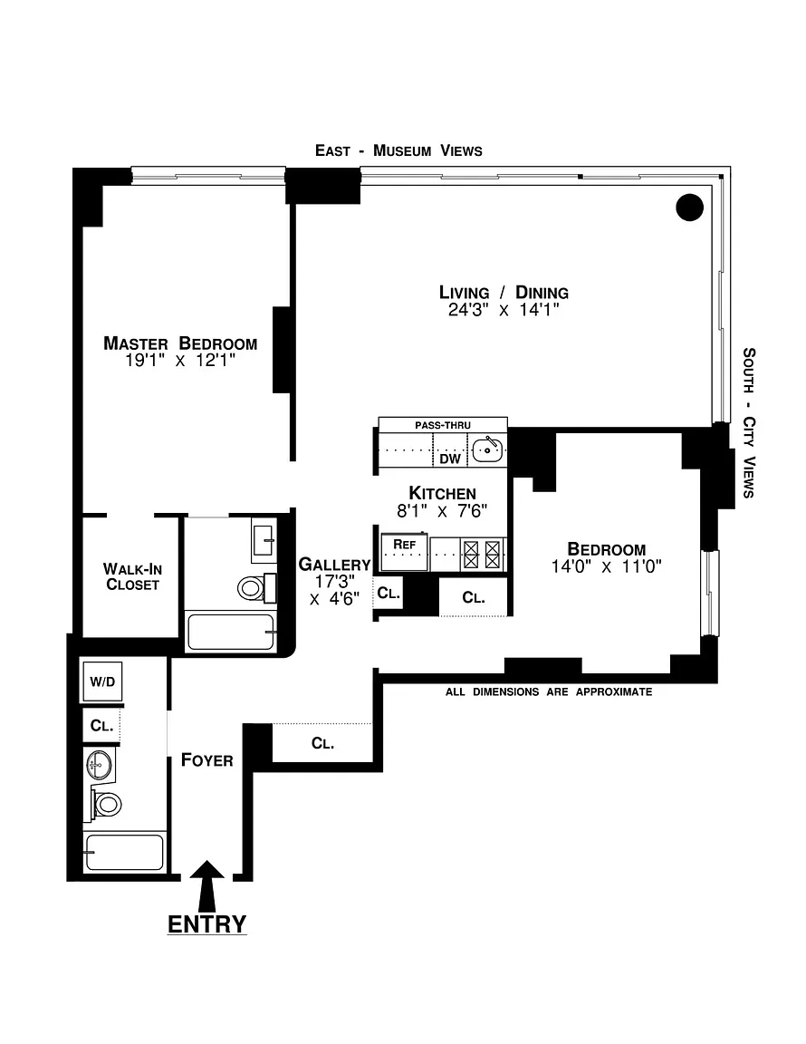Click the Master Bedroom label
pos(180,343)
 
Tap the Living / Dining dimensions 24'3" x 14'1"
pos(504,310)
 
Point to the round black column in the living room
pos(689,207)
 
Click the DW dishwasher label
pos(450,459)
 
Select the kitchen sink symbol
pos(487,450)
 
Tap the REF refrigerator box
pos(404,551)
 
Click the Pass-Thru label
pos(443,425)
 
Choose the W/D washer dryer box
pos(102,681)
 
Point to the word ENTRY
pos(207,924)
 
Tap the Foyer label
pos(207,760)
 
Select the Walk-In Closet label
pos(132,576)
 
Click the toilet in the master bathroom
pos(256,588)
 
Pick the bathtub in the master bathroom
pos(231,632)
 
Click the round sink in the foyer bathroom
pos(100,765)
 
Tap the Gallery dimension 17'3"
pos(334,582)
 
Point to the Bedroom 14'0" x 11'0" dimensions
pos(606,566)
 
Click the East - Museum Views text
pos(398,150)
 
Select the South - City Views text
pos(749,422)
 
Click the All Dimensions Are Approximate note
pos(549,691)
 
